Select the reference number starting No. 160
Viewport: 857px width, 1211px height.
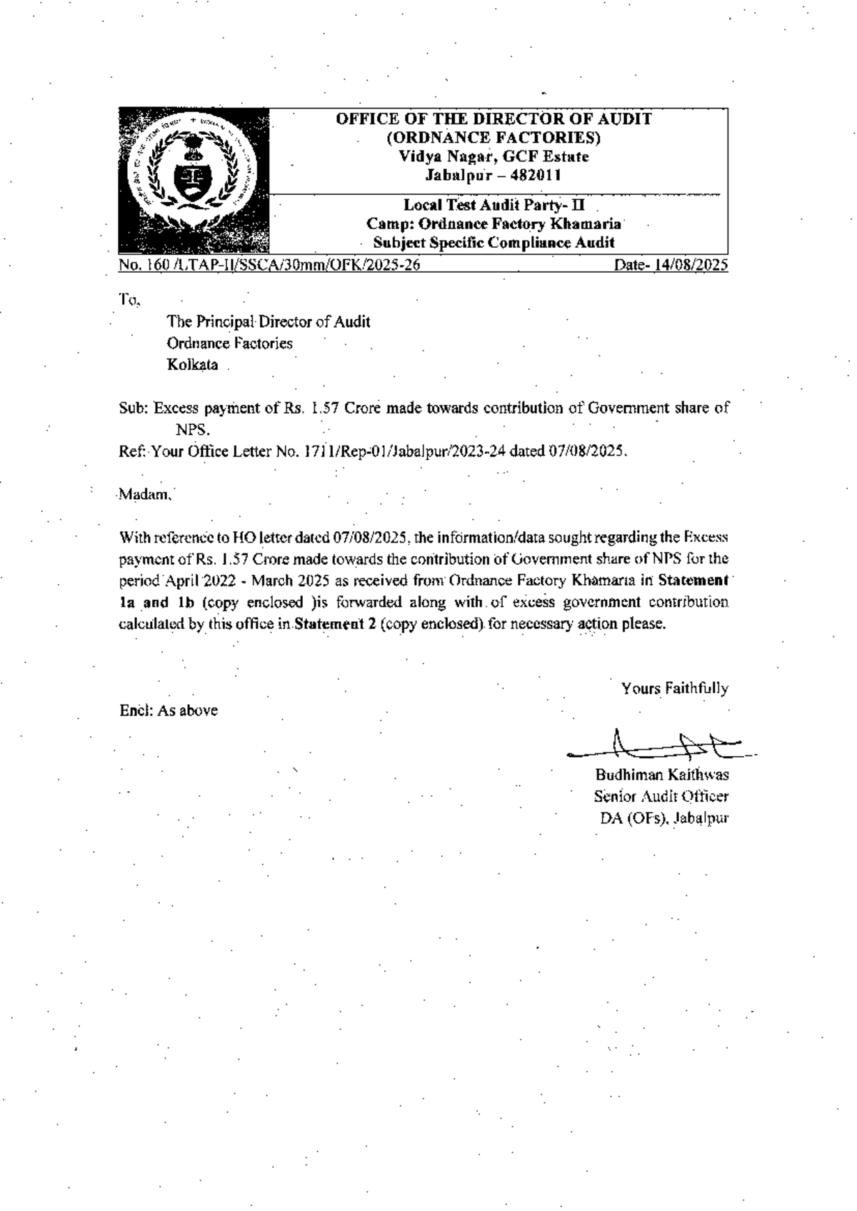click(269, 266)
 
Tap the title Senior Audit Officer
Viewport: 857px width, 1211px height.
click(661, 797)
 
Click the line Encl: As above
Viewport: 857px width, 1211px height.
click(169, 710)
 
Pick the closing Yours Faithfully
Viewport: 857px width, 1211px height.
click(674, 689)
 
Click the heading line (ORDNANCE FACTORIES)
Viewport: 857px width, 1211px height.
click(493, 137)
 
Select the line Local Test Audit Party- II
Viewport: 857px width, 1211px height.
click(493, 205)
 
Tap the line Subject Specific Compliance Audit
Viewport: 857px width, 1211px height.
click(493, 242)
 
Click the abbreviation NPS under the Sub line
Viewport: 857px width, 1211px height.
click(193, 430)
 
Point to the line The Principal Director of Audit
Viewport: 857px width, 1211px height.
click(269, 322)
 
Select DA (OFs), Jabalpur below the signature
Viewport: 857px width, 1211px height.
click(663, 819)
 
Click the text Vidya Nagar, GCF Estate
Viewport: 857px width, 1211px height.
click(493, 156)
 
